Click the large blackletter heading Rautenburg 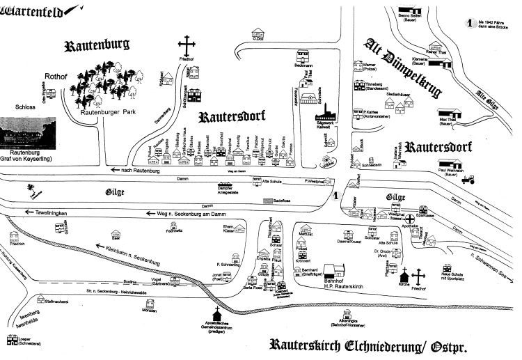tap(97, 47)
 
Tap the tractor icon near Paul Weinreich tap(470, 178)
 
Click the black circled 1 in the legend tap(473, 23)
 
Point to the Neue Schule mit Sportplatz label tap(456, 277)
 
